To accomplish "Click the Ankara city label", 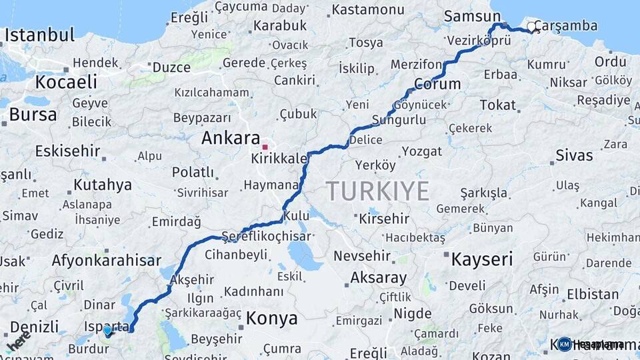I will [231, 139].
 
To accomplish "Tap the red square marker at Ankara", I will [265, 147].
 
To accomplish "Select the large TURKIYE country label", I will [377, 191].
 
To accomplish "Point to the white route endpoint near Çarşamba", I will [531, 27].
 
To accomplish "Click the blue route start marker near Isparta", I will [107, 330].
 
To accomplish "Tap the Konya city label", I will [271, 319].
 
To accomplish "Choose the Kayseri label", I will [482, 259].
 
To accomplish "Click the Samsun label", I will [472, 16].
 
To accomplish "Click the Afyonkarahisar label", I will [106, 261].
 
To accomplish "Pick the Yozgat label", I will [421, 151].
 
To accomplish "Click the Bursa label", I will [33, 115].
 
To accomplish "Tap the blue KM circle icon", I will [565, 344].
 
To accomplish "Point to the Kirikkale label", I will [279, 159].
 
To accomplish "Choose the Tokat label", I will [498, 105].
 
